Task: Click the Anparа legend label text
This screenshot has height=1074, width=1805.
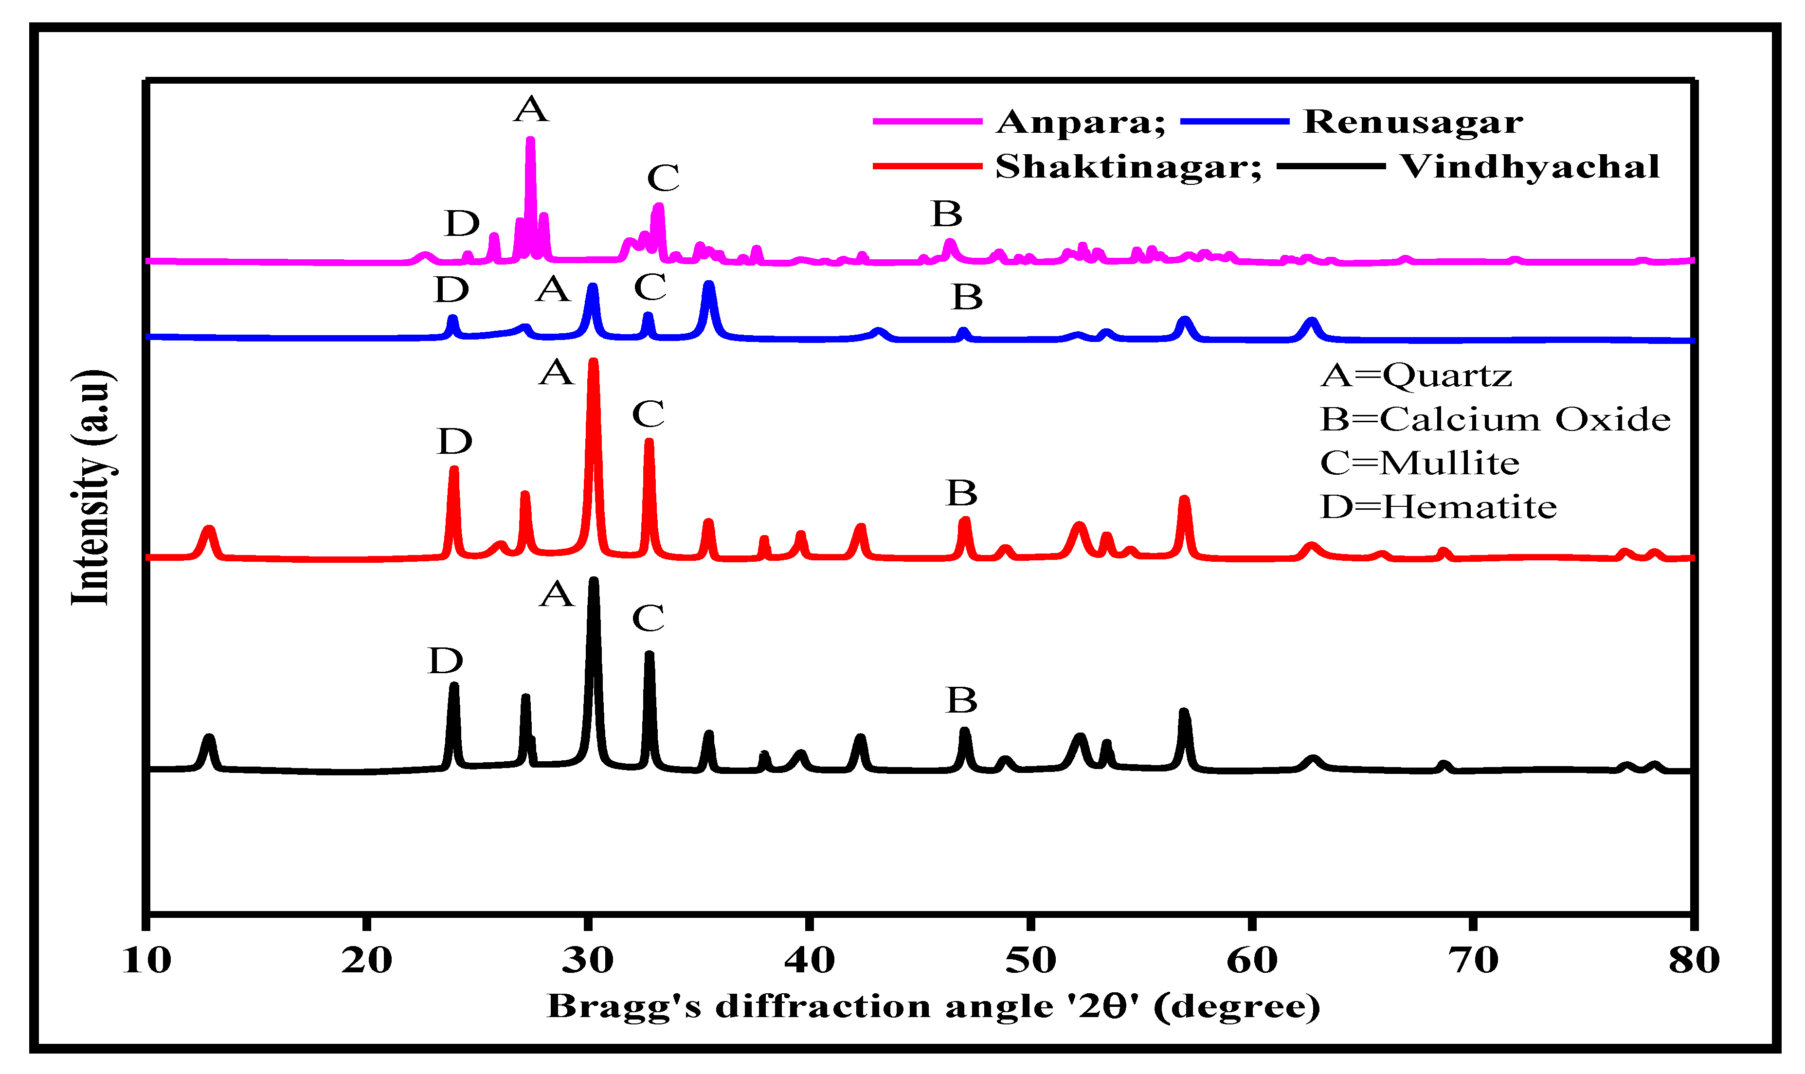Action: pyautogui.click(x=1079, y=122)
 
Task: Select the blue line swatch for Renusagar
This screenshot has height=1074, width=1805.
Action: pyautogui.click(x=1234, y=122)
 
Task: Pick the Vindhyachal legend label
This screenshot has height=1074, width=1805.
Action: pyautogui.click(x=1529, y=167)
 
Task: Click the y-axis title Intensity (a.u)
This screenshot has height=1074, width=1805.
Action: pyautogui.click(x=92, y=487)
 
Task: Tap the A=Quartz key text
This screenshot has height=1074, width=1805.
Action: pyautogui.click(x=1416, y=376)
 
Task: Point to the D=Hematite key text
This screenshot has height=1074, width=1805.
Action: pyautogui.click(x=1438, y=507)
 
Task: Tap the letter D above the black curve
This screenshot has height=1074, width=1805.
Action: pyautogui.click(x=445, y=661)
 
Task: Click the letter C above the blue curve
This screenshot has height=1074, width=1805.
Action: pyautogui.click(x=650, y=287)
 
